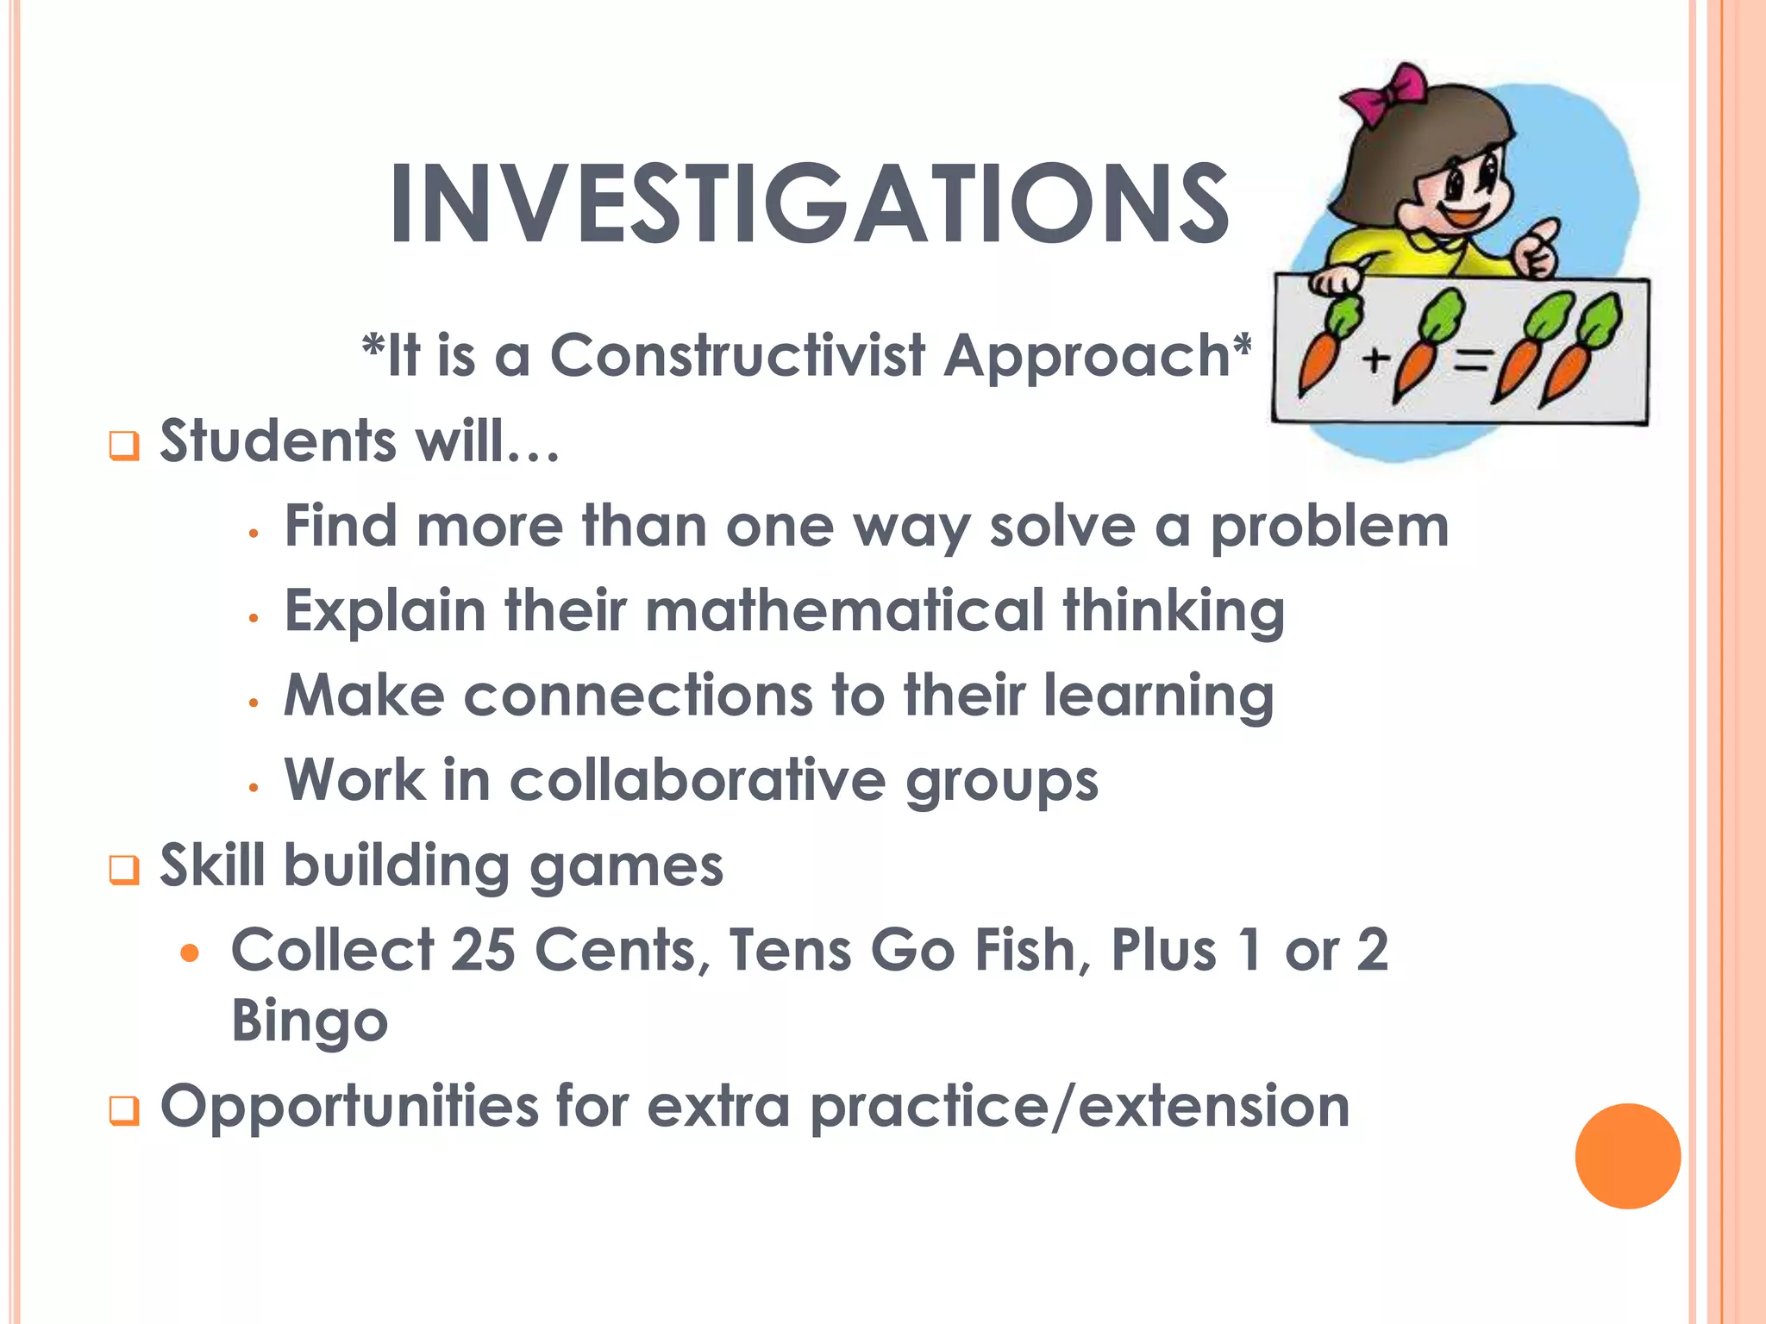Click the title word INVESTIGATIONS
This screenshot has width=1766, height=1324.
click(x=809, y=204)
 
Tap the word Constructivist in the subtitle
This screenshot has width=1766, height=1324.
click(x=738, y=355)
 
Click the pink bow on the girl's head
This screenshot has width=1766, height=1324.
click(x=1386, y=94)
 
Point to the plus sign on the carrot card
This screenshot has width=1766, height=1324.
click(x=1376, y=359)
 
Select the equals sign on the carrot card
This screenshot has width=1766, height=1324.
click(x=1471, y=362)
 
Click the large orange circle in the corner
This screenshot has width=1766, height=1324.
click(x=1627, y=1156)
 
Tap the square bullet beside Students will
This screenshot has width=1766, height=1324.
click(x=124, y=447)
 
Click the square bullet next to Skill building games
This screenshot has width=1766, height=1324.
click(x=124, y=870)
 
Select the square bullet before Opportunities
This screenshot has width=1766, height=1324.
click(x=124, y=1110)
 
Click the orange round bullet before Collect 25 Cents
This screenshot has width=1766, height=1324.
click(x=191, y=953)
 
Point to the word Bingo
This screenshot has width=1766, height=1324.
click(x=310, y=1021)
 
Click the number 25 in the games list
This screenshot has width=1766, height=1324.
click(x=483, y=951)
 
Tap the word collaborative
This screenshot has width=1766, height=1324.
click(x=698, y=781)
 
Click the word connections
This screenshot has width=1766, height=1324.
click(x=638, y=696)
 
